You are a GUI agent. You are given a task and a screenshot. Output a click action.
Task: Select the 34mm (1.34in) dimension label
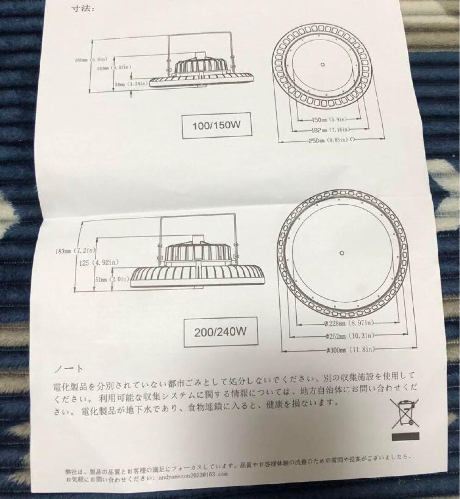[x=130, y=84]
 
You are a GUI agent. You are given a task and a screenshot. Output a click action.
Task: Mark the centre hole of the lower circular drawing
[x=341, y=253]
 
